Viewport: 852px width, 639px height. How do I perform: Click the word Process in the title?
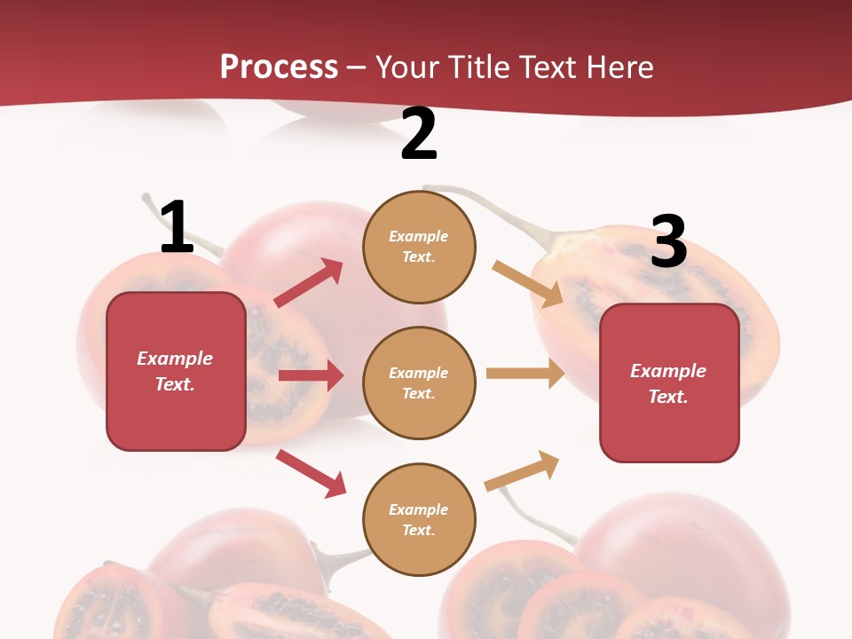coord(279,67)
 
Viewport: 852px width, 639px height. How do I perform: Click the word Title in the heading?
coord(479,67)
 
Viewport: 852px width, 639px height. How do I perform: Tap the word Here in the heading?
coord(618,67)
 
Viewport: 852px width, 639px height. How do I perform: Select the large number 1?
coord(177,227)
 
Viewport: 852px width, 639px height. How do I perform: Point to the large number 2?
coord(419,135)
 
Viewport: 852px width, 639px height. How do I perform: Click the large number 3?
coord(668,241)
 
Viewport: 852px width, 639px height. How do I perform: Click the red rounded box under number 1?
coord(176,371)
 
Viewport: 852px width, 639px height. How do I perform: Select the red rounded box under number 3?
coord(669,383)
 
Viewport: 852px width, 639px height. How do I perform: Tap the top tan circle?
coord(419,247)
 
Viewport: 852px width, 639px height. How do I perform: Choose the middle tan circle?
coord(419,383)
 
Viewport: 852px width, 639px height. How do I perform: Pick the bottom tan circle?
coord(419,519)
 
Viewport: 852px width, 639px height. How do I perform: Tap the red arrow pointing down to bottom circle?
coord(312,473)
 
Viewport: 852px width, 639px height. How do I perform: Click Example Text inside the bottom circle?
coord(419,519)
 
